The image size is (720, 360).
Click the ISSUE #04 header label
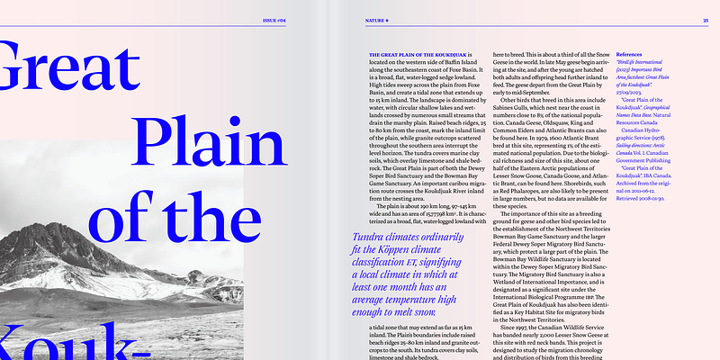pos(274,19)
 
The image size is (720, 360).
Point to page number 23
pos(705,19)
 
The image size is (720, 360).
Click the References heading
pos(634,56)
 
